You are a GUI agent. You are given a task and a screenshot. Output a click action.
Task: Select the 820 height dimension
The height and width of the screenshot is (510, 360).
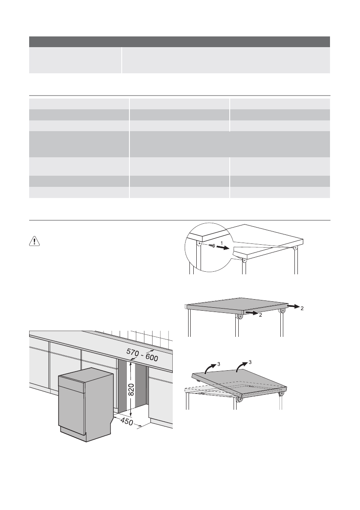pyautogui.click(x=132, y=391)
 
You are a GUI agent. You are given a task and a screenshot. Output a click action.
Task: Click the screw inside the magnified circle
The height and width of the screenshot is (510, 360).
pyautogui.click(x=211, y=246)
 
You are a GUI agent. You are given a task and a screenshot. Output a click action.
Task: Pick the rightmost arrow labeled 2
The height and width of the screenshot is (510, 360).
pyautogui.click(x=294, y=307)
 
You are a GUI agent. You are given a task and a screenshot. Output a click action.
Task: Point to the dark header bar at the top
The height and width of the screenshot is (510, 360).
pyautogui.click(x=180, y=42)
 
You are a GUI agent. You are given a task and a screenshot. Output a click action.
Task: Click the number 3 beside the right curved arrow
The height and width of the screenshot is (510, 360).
pyautogui.click(x=250, y=362)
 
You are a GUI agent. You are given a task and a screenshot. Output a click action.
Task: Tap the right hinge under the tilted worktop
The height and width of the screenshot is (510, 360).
pyautogui.click(x=282, y=393)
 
